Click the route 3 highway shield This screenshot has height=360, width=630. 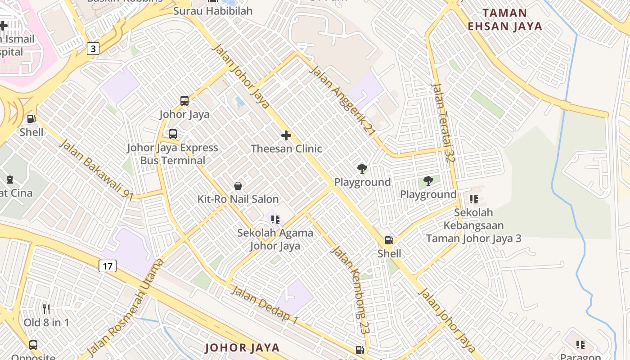93,48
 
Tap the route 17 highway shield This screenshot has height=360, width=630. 108,266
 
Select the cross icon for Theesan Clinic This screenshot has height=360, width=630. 286,135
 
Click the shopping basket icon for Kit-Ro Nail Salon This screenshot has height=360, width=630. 238,186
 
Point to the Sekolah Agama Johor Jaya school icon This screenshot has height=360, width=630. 275,220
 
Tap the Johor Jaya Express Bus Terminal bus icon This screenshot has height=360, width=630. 173,134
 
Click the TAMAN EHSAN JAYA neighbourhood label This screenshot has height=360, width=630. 504,19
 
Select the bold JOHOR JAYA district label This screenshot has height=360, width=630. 243,347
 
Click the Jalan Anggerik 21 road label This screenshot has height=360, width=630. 343,101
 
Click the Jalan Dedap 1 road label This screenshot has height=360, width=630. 265,304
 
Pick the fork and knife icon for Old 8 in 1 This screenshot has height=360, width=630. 46,309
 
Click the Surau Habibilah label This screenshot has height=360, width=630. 213,11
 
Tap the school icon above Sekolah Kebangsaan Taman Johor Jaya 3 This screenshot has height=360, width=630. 474,199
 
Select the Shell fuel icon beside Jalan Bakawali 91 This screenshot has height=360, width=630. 31,119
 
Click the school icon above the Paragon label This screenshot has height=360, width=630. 580,345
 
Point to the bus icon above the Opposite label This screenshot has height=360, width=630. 33,345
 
